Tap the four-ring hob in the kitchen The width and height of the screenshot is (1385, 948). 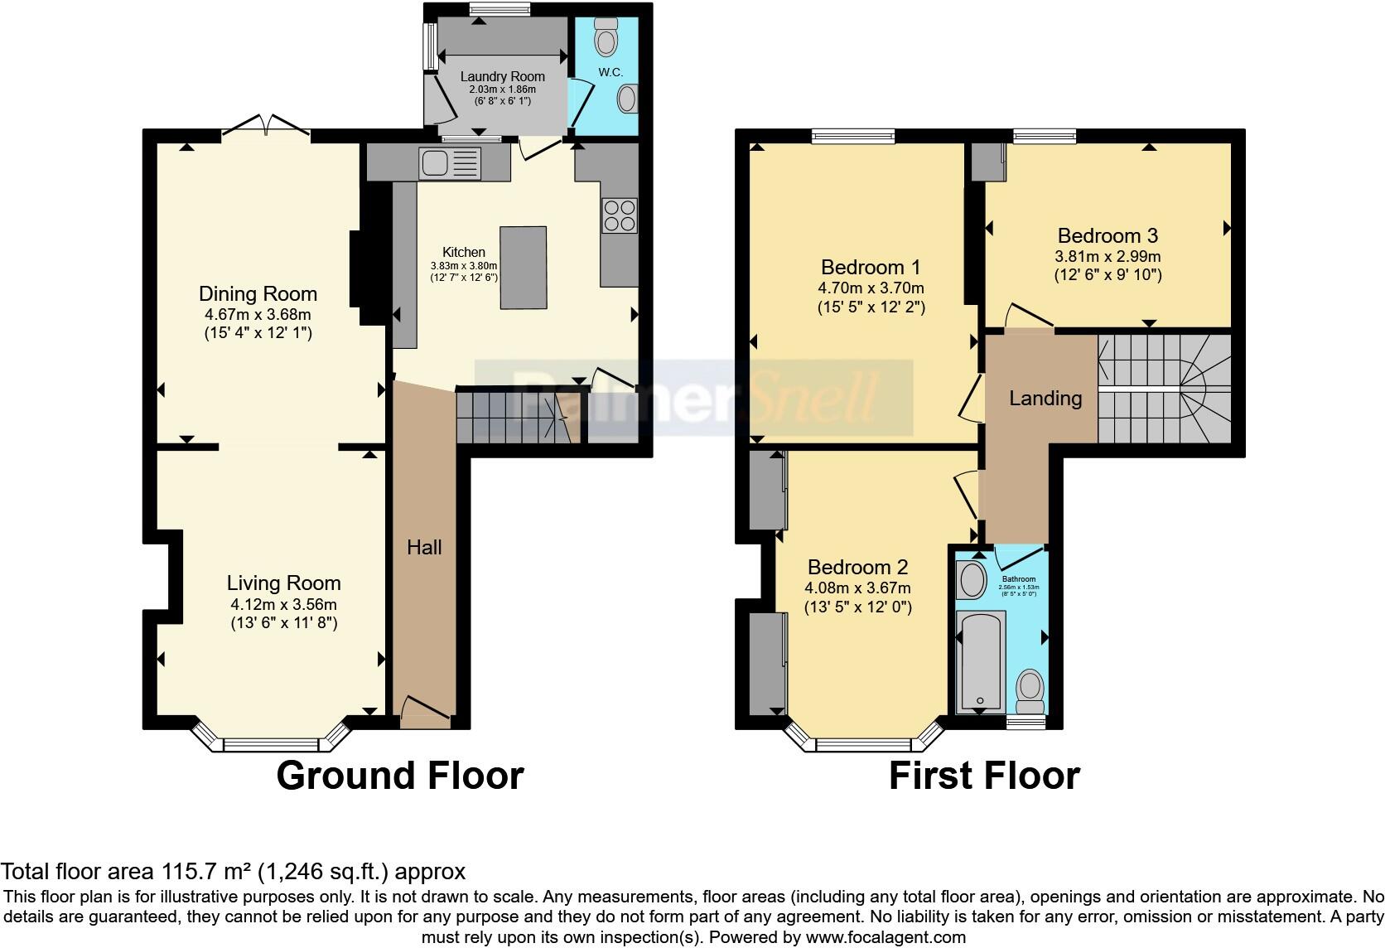(620, 215)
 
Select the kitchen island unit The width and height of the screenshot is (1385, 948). (523, 268)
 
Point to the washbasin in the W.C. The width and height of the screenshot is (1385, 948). (628, 99)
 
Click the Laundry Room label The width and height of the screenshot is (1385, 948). (502, 76)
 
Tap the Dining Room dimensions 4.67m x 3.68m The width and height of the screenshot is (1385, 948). (258, 315)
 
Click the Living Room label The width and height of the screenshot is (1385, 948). (283, 583)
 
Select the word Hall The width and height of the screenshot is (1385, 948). (424, 547)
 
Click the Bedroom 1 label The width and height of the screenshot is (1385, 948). (871, 267)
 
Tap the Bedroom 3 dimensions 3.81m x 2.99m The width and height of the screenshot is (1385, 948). (1108, 257)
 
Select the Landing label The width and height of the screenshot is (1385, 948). (1045, 399)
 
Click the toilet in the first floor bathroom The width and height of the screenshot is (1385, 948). (1030, 691)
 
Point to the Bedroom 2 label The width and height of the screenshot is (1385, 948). (857, 567)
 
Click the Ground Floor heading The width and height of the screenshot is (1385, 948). (399, 776)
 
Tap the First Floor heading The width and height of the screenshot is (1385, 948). (984, 776)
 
